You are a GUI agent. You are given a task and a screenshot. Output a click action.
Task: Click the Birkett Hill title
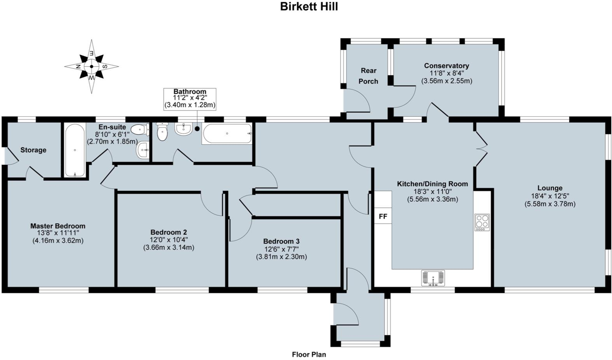click(309, 7)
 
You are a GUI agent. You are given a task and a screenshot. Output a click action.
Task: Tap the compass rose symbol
click(92, 66)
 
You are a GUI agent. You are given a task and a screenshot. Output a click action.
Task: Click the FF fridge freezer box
click(383, 216)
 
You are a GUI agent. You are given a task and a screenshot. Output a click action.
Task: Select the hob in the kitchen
click(482, 222)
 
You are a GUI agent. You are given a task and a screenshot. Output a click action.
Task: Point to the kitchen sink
click(433, 278)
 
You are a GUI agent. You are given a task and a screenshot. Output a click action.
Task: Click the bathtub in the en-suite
click(75, 150)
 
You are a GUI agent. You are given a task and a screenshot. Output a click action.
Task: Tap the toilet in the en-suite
click(139, 129)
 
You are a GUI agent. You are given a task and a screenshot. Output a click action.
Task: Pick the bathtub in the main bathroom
click(227, 134)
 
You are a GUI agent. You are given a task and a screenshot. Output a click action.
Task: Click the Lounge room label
click(550, 188)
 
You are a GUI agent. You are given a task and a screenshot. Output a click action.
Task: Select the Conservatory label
click(446, 66)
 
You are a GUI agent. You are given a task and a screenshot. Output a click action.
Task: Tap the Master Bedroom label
click(58, 226)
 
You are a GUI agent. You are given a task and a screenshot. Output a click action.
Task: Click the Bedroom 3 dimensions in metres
click(281, 256)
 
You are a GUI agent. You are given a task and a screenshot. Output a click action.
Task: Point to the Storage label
click(33, 150)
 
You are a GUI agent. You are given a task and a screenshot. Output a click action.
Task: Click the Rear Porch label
click(368, 76)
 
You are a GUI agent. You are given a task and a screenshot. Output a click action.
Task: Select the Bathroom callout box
click(190, 99)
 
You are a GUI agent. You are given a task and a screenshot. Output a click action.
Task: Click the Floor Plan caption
click(309, 354)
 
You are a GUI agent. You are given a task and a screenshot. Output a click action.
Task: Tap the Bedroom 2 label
click(169, 232)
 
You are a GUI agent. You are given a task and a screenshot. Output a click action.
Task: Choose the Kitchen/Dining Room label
click(432, 184)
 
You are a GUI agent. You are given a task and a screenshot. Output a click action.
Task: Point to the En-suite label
click(112, 127)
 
